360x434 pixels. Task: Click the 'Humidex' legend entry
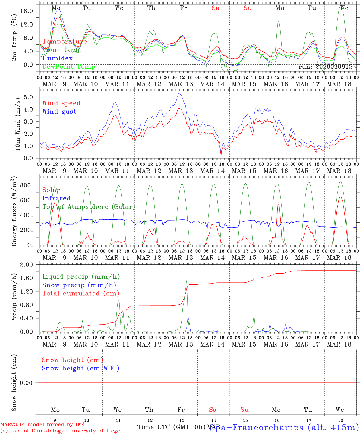point(57,58)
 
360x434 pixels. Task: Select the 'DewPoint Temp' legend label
point(69,67)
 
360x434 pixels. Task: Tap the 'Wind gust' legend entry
point(59,112)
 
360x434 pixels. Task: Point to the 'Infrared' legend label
point(56,198)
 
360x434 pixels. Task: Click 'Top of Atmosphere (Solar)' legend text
point(89,207)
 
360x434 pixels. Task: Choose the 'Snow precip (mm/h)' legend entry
point(79,285)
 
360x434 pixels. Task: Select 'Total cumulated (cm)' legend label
point(81,293)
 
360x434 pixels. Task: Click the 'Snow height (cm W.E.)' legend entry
point(81,368)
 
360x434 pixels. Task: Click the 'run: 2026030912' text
point(326,67)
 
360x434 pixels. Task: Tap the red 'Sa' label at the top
point(215,8)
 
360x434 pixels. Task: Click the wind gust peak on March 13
point(179,94)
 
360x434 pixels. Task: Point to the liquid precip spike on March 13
point(187,281)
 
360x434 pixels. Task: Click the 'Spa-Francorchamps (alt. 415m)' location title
point(284,427)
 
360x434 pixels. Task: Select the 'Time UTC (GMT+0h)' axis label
point(171,427)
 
